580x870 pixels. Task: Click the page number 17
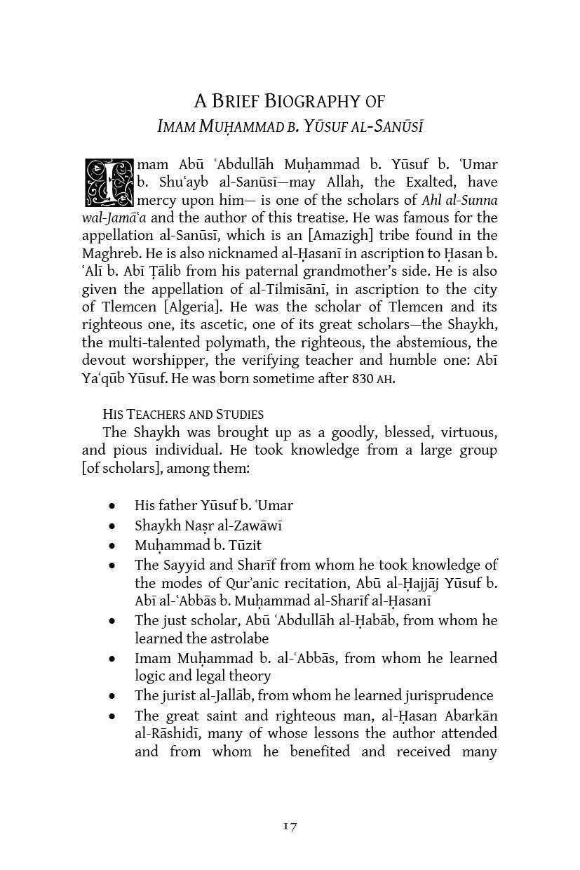point(290,826)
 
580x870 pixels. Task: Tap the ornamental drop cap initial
point(108,182)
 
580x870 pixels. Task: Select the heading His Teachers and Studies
point(183,414)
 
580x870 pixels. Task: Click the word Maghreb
point(111,253)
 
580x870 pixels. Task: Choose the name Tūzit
point(245,545)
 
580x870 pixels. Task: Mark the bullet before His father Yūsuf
point(112,506)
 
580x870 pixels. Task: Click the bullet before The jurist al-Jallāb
point(112,696)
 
